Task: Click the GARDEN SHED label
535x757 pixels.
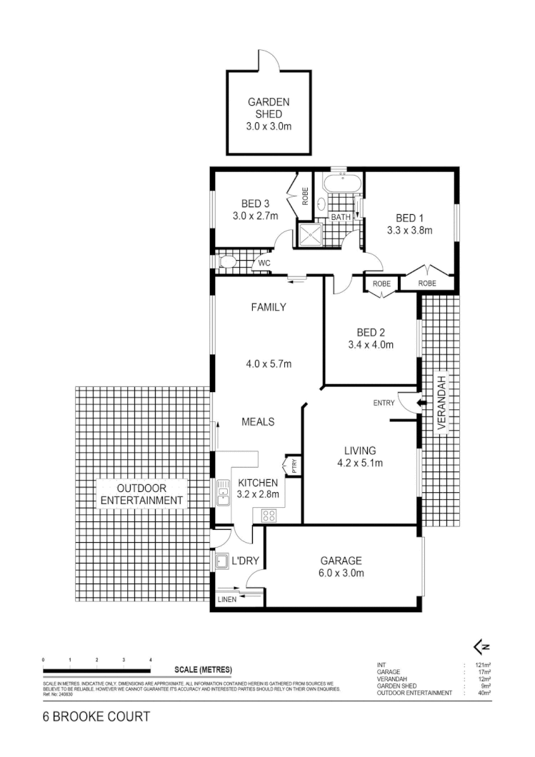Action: coord(269,108)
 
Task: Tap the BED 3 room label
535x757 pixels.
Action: coord(254,202)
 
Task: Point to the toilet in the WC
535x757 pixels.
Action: coord(226,262)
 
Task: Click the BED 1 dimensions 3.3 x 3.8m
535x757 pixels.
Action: coord(410,231)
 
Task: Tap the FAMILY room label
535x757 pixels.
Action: coord(268,308)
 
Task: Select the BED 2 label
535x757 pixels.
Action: coord(371,332)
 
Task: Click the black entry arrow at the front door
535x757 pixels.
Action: coord(422,403)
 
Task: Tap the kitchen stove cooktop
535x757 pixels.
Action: coord(270,514)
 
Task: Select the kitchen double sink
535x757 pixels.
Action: coord(222,493)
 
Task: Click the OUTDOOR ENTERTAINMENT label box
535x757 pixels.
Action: coord(140,493)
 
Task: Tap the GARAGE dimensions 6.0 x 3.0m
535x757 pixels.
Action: coord(341,573)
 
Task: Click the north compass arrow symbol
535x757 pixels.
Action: coord(481,647)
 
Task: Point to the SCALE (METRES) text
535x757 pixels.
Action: coord(204,670)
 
